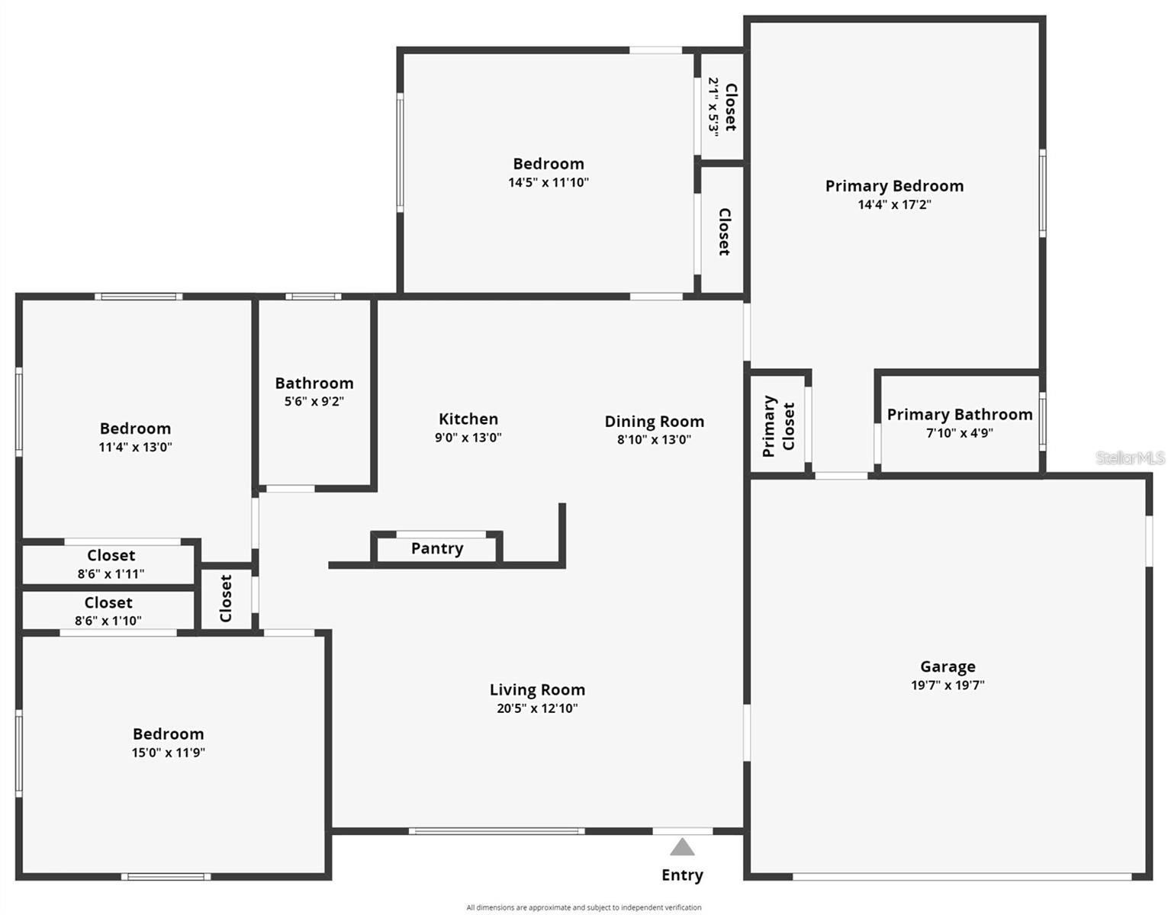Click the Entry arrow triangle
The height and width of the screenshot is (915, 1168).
682,847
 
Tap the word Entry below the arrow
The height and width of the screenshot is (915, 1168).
682,875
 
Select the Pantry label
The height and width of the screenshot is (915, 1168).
437,548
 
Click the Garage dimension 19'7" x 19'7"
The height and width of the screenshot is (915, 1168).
948,685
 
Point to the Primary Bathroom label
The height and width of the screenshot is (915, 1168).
959,414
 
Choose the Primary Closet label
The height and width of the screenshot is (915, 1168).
778,426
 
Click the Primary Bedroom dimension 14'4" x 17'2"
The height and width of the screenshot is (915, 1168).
894,204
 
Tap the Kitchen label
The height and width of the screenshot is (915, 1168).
468,419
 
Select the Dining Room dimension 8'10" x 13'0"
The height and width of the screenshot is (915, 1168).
654,439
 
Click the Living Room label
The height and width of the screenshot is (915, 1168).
537,689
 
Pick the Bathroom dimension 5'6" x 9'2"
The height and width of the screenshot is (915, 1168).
314,401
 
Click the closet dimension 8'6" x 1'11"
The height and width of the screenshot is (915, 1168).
111,573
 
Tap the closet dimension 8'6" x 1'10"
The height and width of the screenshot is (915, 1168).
108,621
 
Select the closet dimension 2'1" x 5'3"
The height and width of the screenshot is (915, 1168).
713,106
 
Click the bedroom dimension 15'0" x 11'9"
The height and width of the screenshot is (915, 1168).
168,753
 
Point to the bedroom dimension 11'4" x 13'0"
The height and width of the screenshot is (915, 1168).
135,447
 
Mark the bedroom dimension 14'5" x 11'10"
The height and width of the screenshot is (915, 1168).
549,182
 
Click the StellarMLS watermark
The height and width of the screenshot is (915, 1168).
1130,457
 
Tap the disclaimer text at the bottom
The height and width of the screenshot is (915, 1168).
584,907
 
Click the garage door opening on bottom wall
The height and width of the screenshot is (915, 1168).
961,877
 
